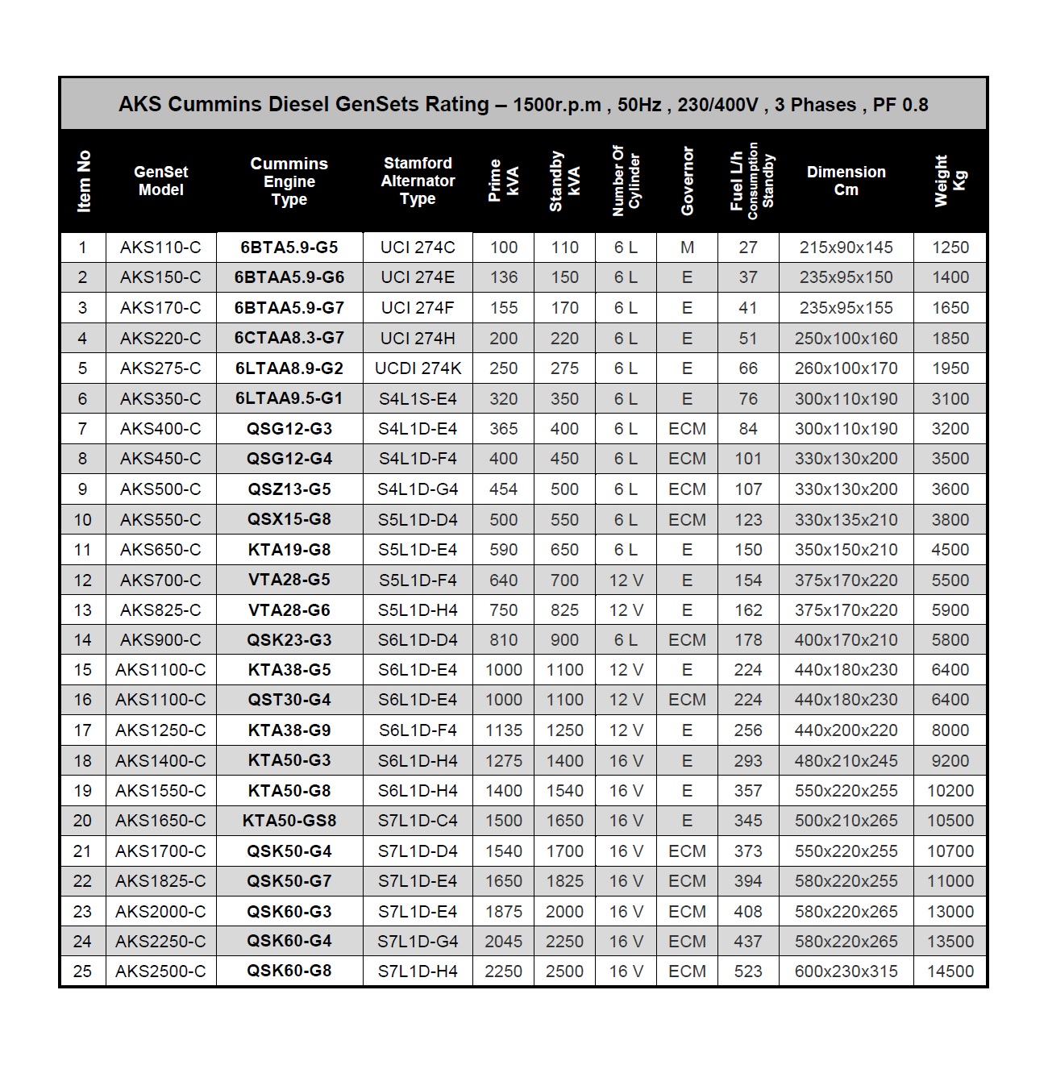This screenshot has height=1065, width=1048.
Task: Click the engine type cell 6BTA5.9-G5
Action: coord(289,248)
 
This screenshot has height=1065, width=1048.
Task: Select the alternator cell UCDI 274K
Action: coord(418,368)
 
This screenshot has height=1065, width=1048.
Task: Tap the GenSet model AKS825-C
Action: coord(160,610)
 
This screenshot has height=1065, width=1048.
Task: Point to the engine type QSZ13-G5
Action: coord(289,489)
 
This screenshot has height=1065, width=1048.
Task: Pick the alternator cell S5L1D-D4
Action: coord(418,520)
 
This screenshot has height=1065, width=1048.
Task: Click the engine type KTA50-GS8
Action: coord(289,821)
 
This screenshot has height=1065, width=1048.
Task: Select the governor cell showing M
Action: coord(687,248)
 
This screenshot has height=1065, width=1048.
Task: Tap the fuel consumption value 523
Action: coord(748,971)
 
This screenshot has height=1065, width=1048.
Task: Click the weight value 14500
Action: coord(950,971)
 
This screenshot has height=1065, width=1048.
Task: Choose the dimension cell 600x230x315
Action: coord(846,971)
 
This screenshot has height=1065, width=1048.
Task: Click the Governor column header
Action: coord(687,181)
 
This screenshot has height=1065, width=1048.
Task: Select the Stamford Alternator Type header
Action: coord(418,181)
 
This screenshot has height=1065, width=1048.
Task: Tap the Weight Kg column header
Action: coord(950,181)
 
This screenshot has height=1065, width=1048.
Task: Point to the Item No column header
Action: coord(83,181)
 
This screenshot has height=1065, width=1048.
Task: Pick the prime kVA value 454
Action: coord(503,489)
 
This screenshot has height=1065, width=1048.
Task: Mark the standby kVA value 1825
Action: coord(564,881)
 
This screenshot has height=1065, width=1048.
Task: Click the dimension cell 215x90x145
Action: coord(846,248)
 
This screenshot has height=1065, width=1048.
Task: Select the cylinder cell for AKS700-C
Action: coord(626,580)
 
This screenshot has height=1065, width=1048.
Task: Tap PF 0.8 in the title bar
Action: coord(900,105)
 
